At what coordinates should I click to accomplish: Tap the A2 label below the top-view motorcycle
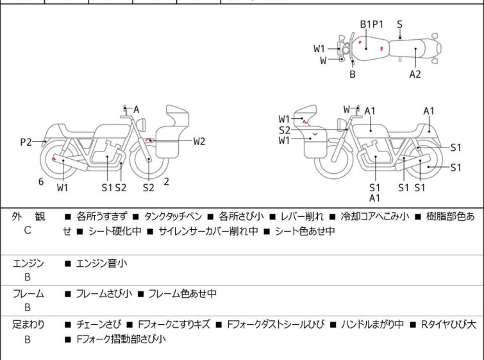(415, 74)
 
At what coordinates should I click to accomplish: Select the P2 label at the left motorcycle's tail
(26, 142)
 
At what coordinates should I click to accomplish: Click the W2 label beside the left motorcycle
(199, 141)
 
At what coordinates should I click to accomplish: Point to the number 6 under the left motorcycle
(41, 182)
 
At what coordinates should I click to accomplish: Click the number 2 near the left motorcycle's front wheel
(167, 182)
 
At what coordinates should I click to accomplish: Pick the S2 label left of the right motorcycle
(285, 130)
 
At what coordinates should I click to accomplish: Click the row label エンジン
(28, 263)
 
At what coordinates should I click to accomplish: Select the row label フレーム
(28, 294)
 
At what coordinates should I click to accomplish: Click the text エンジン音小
(103, 263)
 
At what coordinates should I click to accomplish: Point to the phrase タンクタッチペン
(172, 217)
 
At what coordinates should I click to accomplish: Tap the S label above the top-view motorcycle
(399, 24)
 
